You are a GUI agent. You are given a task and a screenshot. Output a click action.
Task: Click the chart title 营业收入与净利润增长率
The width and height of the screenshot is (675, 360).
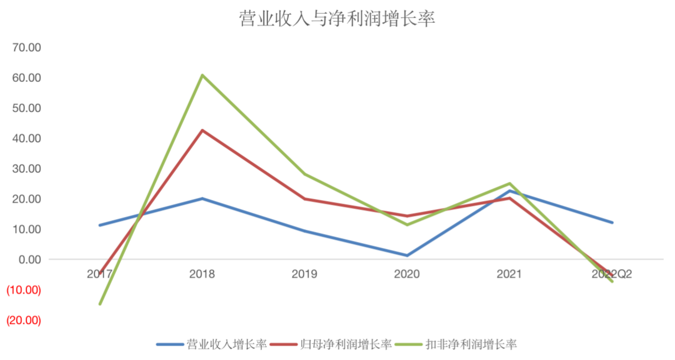tap(337, 19)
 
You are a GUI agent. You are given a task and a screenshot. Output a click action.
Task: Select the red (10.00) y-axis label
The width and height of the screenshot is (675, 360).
tap(23, 290)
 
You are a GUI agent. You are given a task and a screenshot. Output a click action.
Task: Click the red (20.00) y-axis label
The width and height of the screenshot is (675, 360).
tap(23, 321)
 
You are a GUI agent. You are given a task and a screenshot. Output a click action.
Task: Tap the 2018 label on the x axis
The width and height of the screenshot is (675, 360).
tap(202, 274)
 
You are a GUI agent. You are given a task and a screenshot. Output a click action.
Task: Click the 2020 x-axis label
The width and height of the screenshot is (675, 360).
tap(407, 274)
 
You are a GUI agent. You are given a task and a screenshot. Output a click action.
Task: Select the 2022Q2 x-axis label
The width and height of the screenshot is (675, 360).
tap(612, 274)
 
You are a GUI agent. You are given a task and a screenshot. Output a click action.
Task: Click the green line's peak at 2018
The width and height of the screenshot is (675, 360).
tap(202, 75)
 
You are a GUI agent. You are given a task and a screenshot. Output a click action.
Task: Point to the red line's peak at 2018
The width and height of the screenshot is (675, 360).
tap(202, 130)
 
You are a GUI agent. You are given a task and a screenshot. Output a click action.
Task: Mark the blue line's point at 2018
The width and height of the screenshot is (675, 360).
tap(202, 198)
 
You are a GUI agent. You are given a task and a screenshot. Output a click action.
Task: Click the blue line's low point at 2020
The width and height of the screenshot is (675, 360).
tap(407, 256)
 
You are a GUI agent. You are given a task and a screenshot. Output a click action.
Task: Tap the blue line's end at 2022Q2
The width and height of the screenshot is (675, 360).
tap(612, 222)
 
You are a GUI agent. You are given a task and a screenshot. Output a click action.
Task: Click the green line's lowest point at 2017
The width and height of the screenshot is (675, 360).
tap(100, 304)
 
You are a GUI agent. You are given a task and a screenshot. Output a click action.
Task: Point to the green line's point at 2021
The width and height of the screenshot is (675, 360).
tap(510, 183)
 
